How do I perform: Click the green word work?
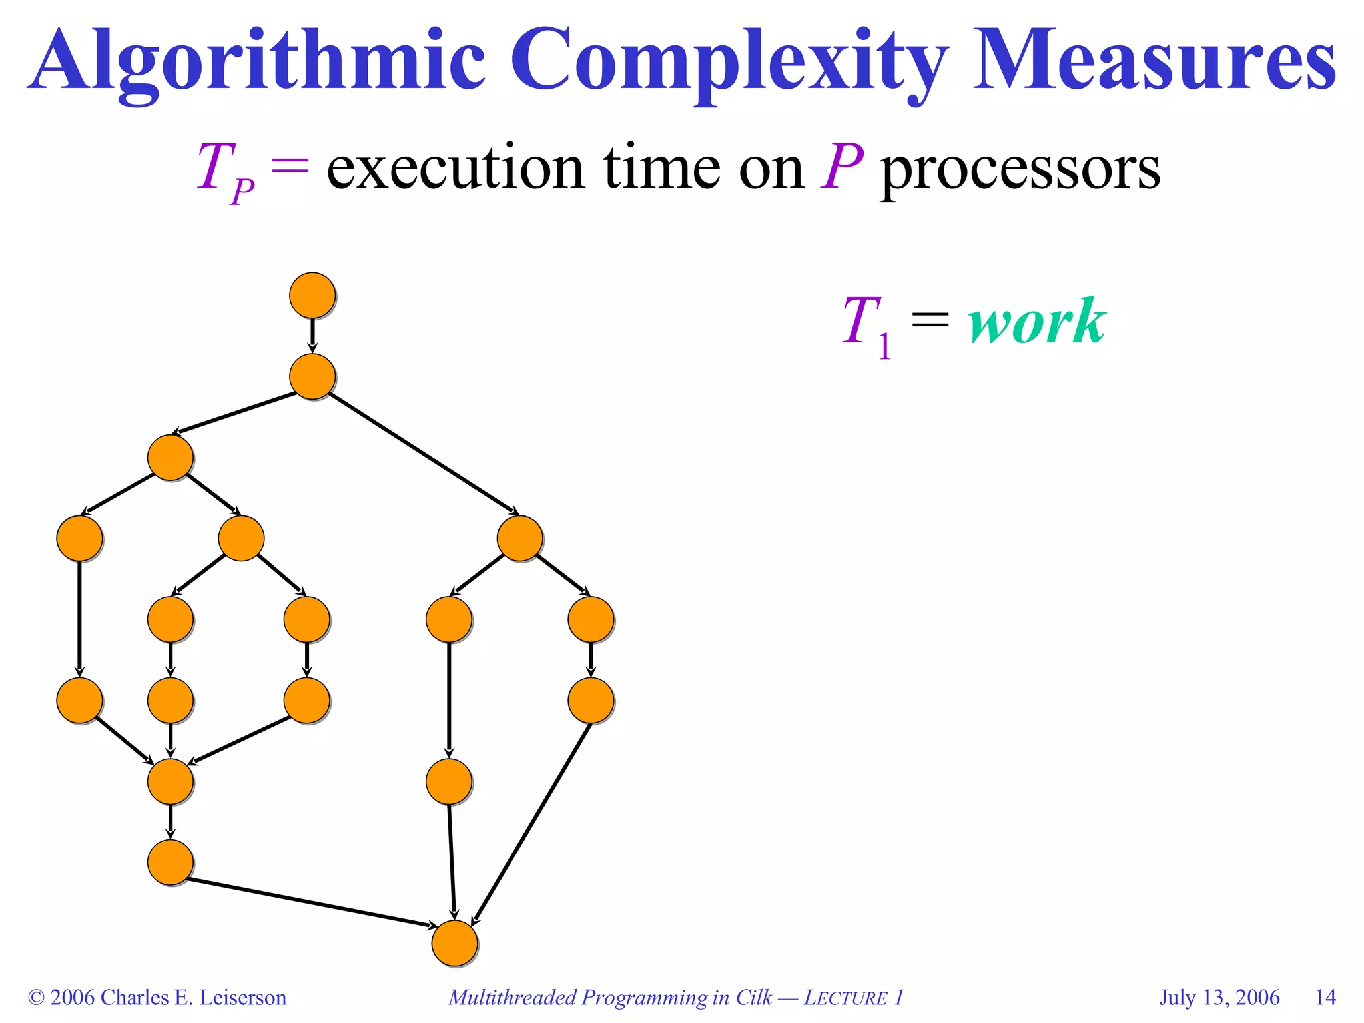(x=1036, y=322)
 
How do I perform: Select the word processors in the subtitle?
(x=1020, y=170)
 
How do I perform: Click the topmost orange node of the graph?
(x=312, y=295)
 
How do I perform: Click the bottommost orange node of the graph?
(x=454, y=943)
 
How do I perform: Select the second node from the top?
(x=312, y=376)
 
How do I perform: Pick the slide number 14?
(x=1325, y=997)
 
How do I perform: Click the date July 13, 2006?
(x=1219, y=997)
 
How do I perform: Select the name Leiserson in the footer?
(x=243, y=997)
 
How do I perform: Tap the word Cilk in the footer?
(x=753, y=997)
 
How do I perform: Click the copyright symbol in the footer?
(x=36, y=998)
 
